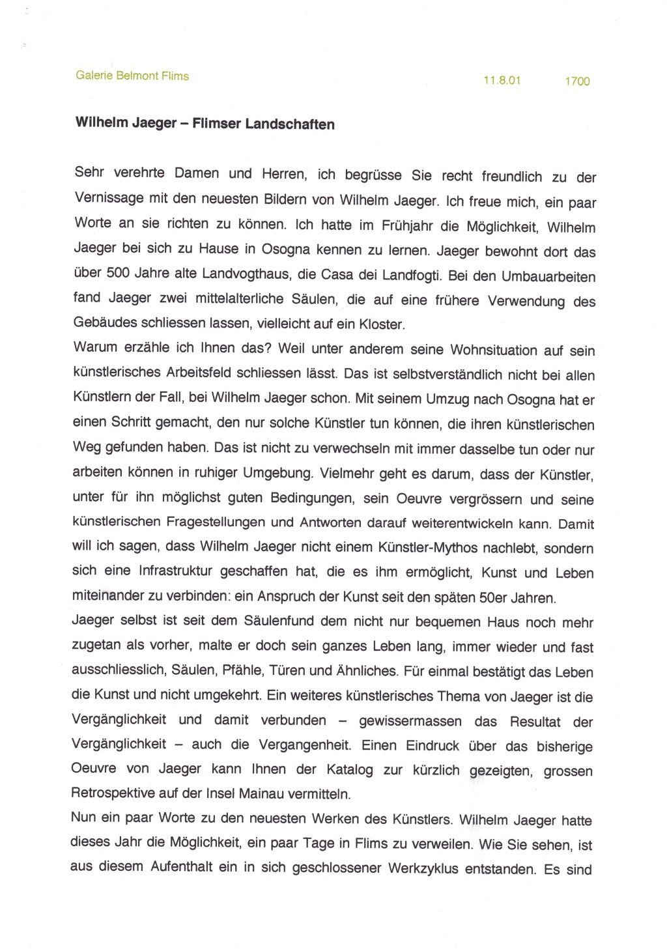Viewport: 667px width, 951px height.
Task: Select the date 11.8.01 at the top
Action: tap(502, 81)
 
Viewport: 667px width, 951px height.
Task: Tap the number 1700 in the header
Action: tap(577, 81)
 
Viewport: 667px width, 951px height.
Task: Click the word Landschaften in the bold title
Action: tap(290, 124)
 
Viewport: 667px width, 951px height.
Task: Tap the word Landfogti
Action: tap(412, 276)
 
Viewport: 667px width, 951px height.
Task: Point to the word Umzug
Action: tap(448, 399)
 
